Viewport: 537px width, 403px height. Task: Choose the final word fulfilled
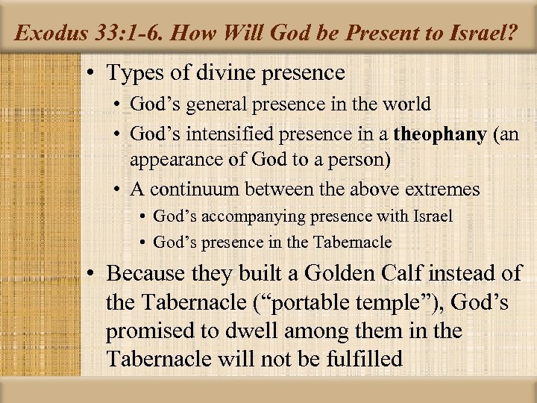click(366, 358)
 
